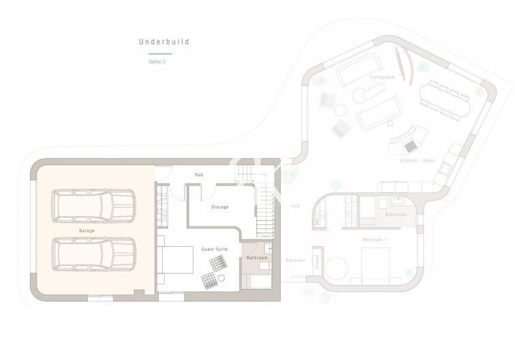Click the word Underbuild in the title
point(163,42)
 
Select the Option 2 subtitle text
point(157,61)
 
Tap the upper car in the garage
point(94,205)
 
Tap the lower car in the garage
point(94,253)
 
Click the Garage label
point(87,231)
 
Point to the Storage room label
point(219,207)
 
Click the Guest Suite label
point(214,250)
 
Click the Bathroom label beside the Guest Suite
point(257,258)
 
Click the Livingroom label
point(382,77)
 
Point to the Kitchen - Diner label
point(418,160)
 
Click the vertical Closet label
point(316,262)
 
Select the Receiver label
point(295,260)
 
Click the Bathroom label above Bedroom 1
point(396,215)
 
